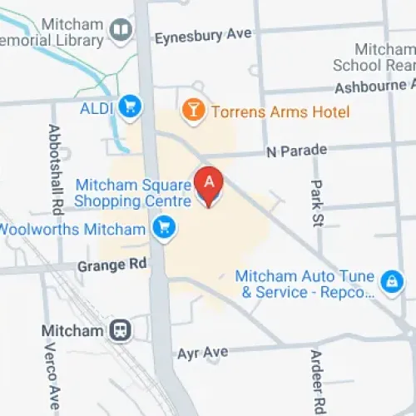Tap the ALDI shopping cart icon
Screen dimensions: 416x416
[x=129, y=106]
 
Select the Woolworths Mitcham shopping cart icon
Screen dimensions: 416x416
[x=164, y=225]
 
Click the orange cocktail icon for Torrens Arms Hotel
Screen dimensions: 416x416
[x=193, y=110]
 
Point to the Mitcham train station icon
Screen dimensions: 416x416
[x=121, y=330]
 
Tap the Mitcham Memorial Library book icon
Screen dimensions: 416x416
[x=121, y=32]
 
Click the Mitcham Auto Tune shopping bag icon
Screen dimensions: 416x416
[x=389, y=283]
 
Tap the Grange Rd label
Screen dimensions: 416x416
[x=111, y=265]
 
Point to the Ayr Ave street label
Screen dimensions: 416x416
[x=202, y=353]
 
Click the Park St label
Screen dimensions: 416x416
[x=316, y=203]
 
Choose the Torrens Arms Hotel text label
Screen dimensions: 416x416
[x=280, y=111]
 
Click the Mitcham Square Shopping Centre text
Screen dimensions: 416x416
[x=133, y=192]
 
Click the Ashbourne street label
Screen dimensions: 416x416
[x=374, y=87]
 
